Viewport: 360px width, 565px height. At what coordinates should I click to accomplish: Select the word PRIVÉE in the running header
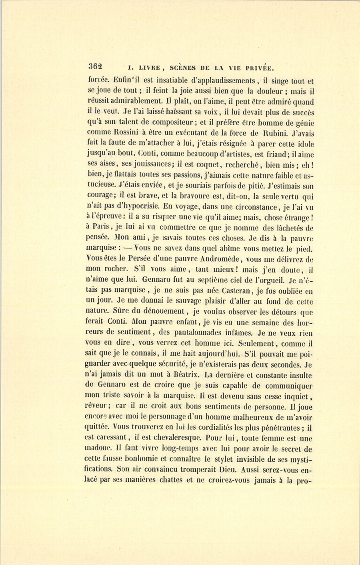point(257,68)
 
